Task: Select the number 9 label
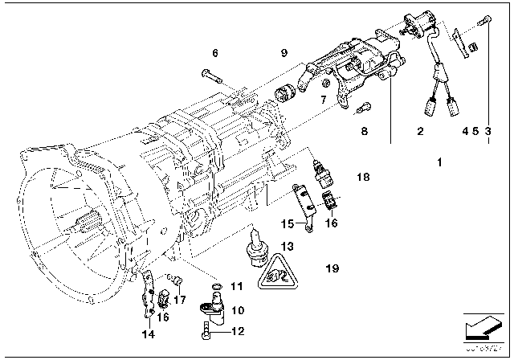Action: tap(284, 53)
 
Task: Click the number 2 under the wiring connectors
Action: tap(420, 129)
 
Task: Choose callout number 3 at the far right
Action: tap(488, 129)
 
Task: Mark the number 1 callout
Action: tap(439, 162)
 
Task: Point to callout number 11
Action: tap(235, 286)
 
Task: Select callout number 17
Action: tap(179, 300)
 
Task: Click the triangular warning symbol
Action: tap(273, 273)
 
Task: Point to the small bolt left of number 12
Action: tap(210, 329)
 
